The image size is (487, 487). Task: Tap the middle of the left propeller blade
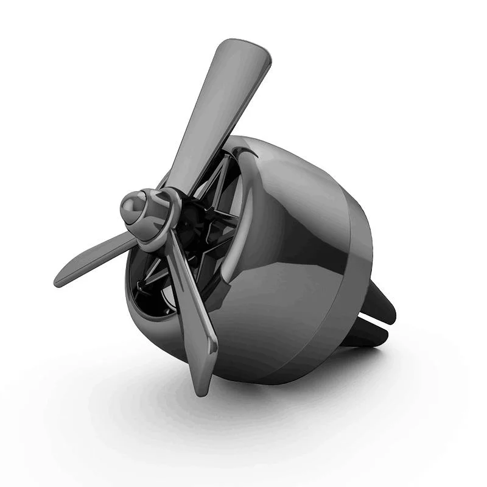pos(97,259)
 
